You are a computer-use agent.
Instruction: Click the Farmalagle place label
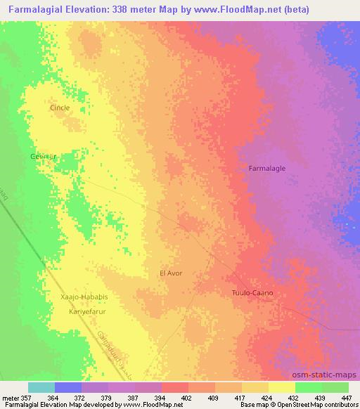click(267, 169)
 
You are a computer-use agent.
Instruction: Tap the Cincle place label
click(60, 108)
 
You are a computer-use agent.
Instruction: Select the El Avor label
click(172, 273)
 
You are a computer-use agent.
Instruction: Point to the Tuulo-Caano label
click(252, 292)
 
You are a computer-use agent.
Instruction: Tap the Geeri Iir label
click(42, 156)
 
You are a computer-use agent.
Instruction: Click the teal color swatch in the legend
click(41, 387)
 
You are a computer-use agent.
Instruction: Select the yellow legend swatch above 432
click(281, 387)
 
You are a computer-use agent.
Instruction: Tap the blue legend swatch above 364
click(68, 387)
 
